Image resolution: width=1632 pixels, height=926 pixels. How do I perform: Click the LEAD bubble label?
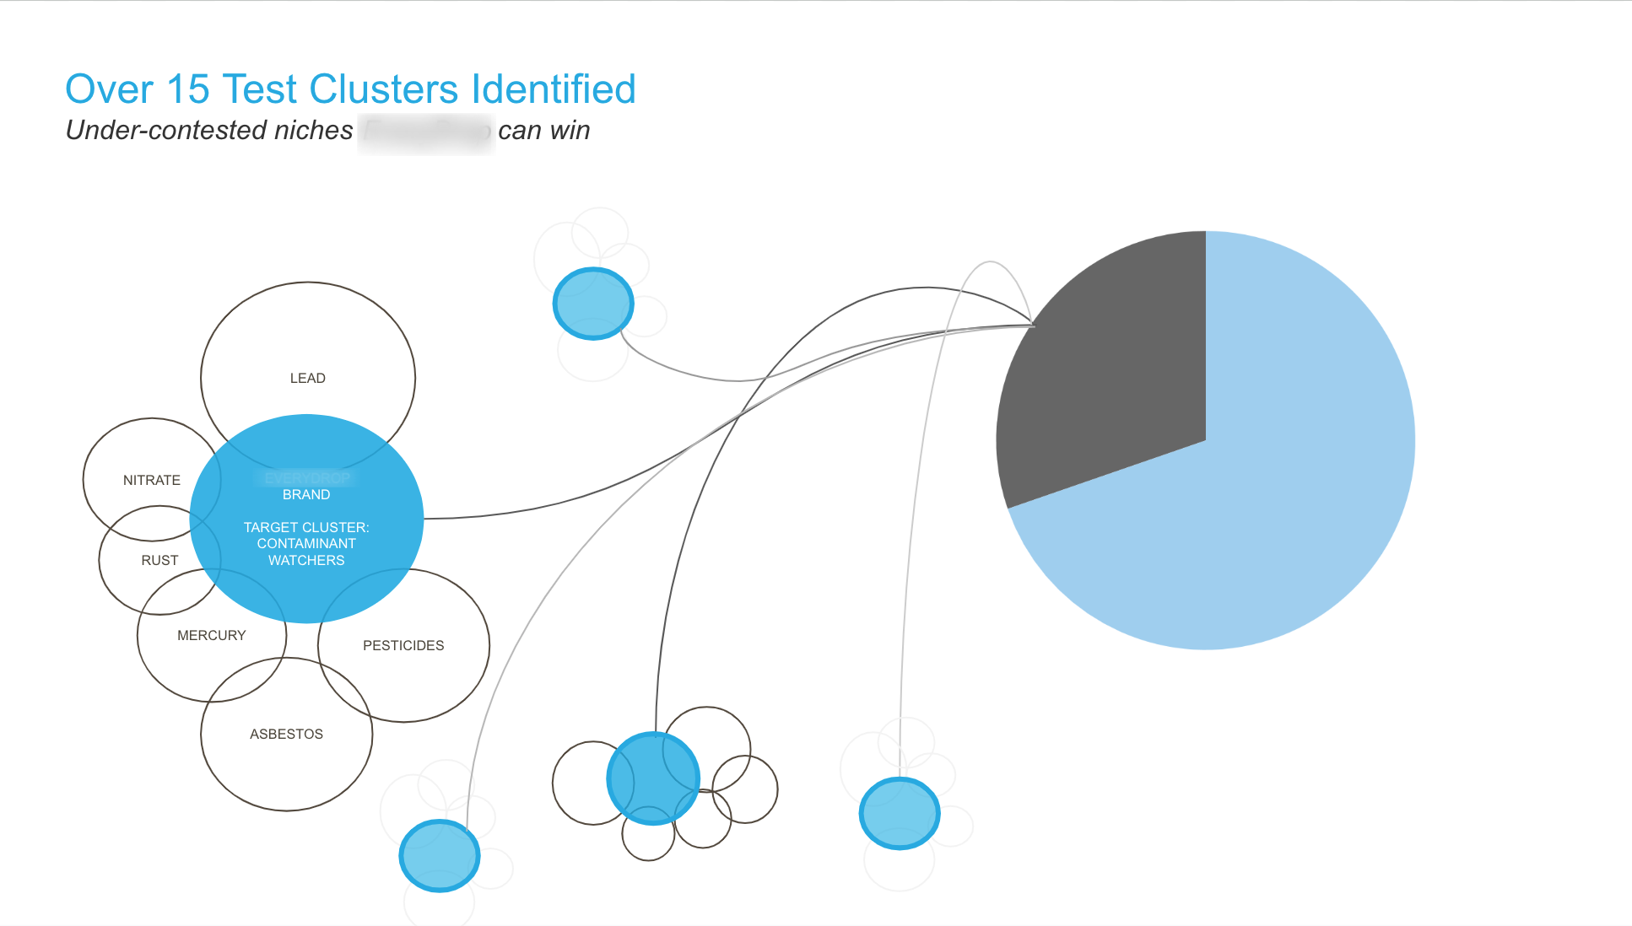pos(307,378)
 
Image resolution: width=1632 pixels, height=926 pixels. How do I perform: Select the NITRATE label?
pos(152,480)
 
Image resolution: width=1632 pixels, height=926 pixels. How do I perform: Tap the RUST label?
pos(159,560)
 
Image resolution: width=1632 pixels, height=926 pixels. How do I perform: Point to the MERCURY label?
pos(211,635)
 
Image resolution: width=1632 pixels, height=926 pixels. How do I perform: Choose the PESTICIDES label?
pos(403,645)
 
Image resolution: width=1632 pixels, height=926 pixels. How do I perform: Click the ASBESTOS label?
pos(286,734)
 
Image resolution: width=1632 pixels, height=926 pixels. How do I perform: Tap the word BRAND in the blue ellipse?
pos(306,494)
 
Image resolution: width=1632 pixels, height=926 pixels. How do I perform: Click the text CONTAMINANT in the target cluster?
pos(306,544)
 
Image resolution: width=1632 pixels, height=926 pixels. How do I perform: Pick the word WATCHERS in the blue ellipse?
pos(306,561)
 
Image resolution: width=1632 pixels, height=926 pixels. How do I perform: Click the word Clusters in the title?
pos(384,89)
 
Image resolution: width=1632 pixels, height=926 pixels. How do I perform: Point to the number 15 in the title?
pos(187,89)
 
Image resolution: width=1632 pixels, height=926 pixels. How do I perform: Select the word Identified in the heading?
pos(554,89)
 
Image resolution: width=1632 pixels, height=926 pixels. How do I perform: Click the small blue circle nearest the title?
pos(593,304)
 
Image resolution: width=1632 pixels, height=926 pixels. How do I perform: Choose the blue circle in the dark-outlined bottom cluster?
pos(653,778)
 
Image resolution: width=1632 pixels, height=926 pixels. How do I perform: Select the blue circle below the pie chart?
pos(900,813)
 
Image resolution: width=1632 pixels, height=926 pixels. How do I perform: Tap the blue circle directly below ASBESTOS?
pos(440,855)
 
